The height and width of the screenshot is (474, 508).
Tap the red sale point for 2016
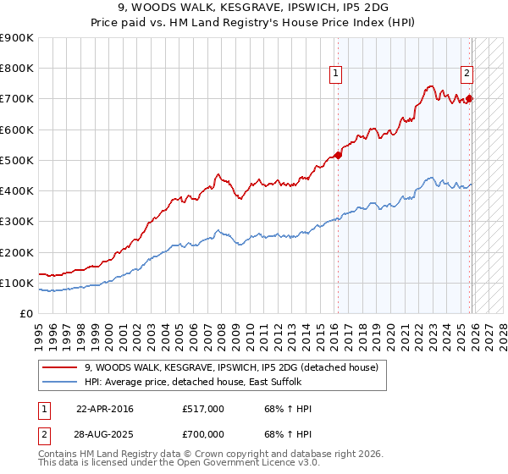(x=338, y=155)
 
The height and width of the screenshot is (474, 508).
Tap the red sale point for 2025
(x=470, y=98)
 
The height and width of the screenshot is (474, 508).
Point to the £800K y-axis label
(x=16, y=69)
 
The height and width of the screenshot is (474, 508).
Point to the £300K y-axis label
(x=16, y=222)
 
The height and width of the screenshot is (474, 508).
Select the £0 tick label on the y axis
(x=25, y=314)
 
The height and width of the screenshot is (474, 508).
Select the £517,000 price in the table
(x=203, y=409)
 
